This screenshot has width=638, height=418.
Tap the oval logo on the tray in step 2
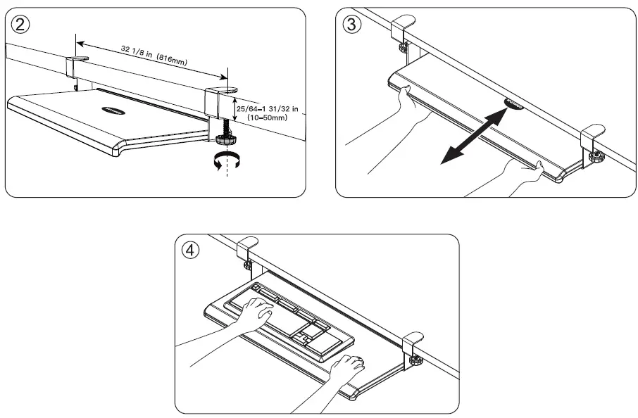pos(113,109)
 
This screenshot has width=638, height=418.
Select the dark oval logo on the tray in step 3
pos(515,103)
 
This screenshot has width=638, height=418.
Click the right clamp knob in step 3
pos(597,157)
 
